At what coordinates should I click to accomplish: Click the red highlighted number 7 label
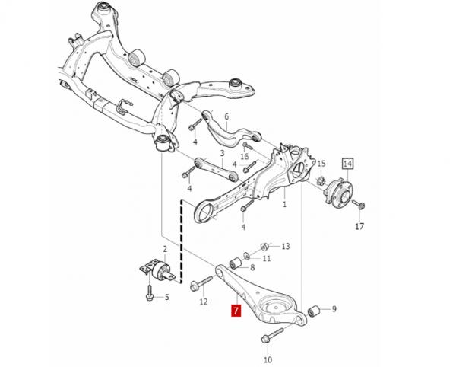pyautogui.click(x=236, y=311)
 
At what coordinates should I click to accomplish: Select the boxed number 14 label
pyautogui.click(x=347, y=162)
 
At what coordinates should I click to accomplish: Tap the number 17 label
pyautogui.click(x=359, y=226)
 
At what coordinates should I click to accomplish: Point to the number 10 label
pyautogui.click(x=267, y=358)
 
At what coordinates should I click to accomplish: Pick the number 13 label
pyautogui.click(x=285, y=247)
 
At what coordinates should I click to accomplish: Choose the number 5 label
pyautogui.click(x=167, y=296)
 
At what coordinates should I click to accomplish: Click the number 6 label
pyautogui.click(x=226, y=116)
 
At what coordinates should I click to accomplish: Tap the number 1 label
pyautogui.click(x=285, y=204)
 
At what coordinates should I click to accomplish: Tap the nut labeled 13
pyautogui.click(x=264, y=246)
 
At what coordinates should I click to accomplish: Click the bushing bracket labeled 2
pyautogui.click(x=155, y=271)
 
